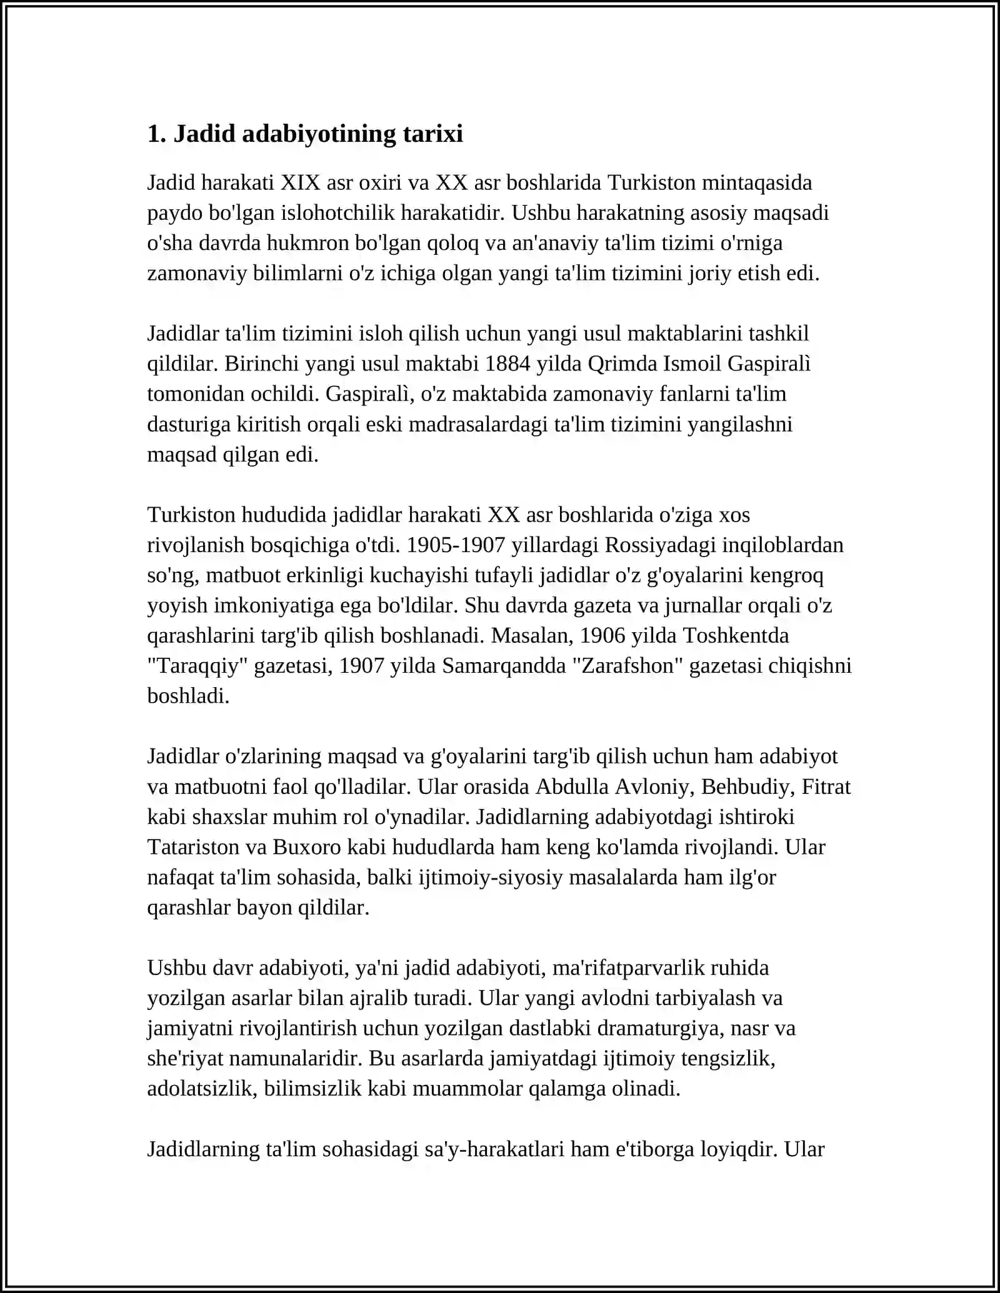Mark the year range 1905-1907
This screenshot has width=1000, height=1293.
(455, 545)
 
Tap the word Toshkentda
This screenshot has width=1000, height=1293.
(736, 635)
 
